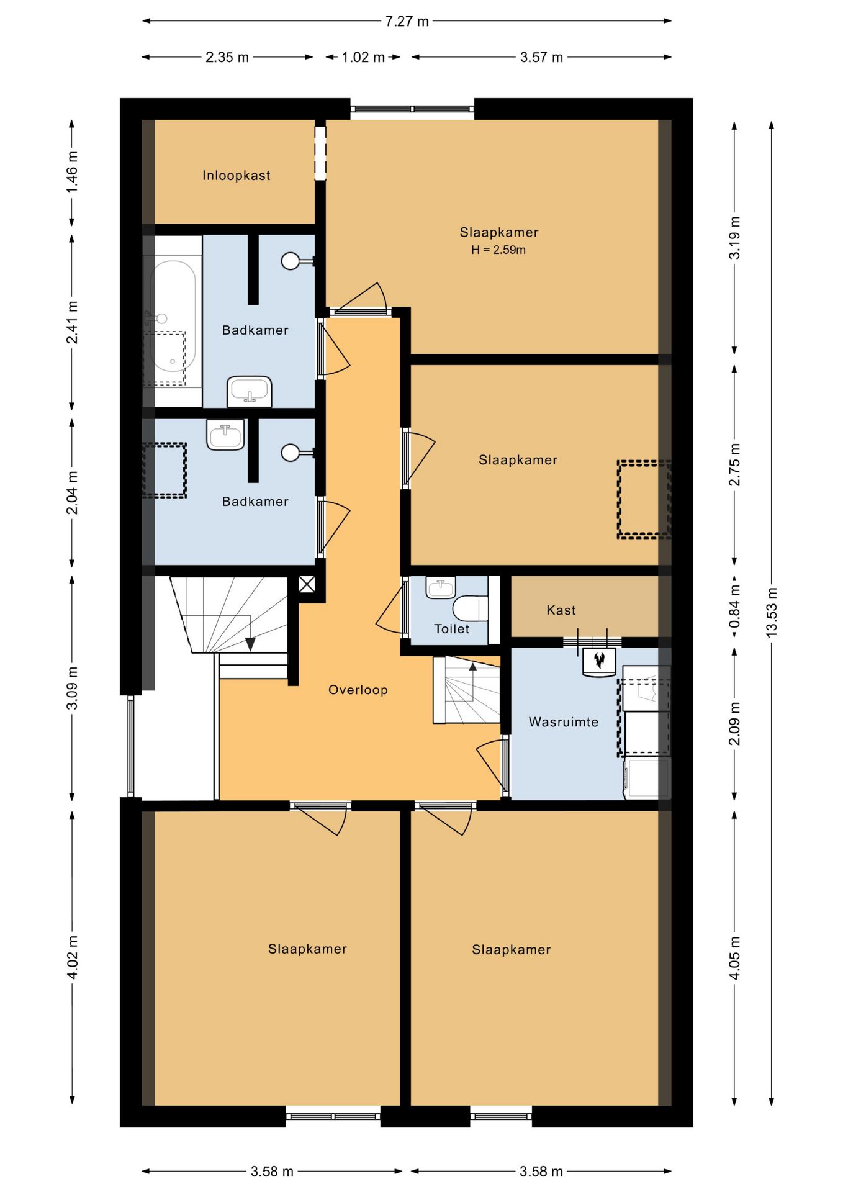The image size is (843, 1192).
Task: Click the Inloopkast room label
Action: (x=236, y=176)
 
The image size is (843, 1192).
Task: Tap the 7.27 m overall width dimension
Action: (x=407, y=21)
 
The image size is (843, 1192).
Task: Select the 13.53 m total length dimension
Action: (x=771, y=612)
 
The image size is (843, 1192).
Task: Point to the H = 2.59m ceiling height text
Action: (x=498, y=250)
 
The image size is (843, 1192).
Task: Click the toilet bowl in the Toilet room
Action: (x=471, y=608)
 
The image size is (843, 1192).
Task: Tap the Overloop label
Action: (x=358, y=690)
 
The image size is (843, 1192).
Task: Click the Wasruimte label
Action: (x=564, y=722)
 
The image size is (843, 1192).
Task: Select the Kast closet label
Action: (x=561, y=610)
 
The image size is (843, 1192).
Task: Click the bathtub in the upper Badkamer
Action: (x=172, y=321)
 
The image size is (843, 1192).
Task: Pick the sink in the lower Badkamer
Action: (x=225, y=435)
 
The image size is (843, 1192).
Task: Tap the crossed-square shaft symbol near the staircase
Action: (x=307, y=584)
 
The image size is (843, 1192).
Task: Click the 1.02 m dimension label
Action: (x=363, y=57)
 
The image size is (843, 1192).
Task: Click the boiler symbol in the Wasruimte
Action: (x=599, y=662)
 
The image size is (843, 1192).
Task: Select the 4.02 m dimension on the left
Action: (x=72, y=957)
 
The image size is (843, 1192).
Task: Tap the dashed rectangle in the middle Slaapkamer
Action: (x=644, y=499)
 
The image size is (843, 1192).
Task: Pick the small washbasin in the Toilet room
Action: (x=441, y=587)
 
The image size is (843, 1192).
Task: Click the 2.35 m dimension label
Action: (x=227, y=57)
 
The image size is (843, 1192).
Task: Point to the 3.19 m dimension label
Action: (x=734, y=237)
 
